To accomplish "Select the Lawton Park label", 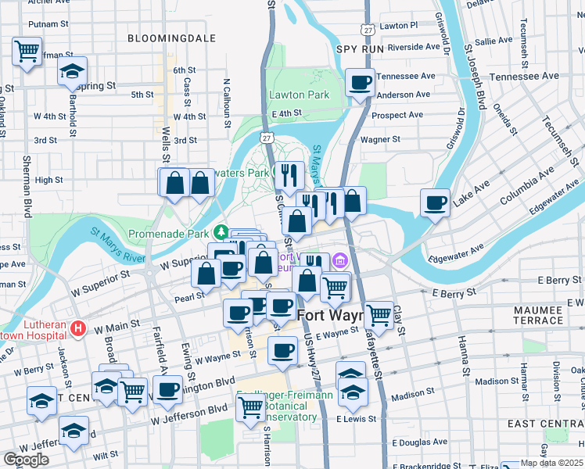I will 300,95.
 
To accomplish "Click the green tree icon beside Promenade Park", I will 221,232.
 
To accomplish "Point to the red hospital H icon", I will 77,329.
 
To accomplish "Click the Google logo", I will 26,460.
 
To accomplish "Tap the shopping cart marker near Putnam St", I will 27,52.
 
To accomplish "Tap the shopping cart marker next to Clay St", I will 379,314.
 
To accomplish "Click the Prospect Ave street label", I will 397,115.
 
